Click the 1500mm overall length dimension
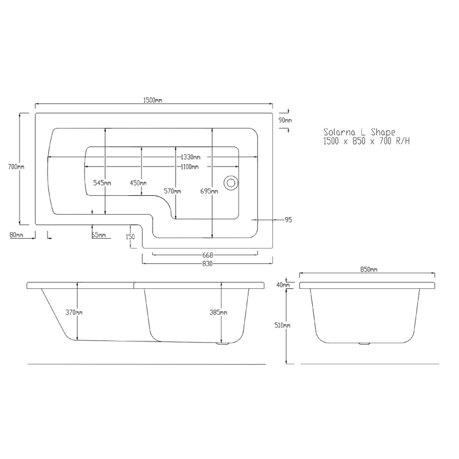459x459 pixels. click(x=152, y=100)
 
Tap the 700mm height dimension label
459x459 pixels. click(x=16, y=167)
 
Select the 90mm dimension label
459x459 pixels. click(x=285, y=120)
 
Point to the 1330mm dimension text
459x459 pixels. click(x=190, y=157)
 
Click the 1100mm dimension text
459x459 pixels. click(x=190, y=167)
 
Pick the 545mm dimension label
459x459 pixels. click(x=102, y=183)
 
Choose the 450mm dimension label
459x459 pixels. click(x=138, y=183)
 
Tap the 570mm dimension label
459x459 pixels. click(x=172, y=192)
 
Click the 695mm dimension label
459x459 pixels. click(x=209, y=192)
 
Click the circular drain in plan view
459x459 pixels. click(x=231, y=183)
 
